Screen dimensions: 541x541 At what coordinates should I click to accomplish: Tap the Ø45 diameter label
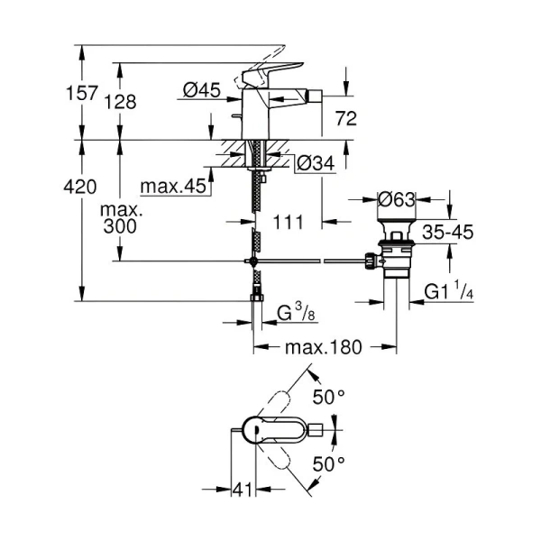pos(202,89)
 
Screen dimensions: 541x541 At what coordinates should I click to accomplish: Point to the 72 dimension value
pos(346,118)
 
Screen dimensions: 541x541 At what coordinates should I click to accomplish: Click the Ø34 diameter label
pos(315,163)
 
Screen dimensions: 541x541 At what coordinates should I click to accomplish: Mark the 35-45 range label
pos(448,232)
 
